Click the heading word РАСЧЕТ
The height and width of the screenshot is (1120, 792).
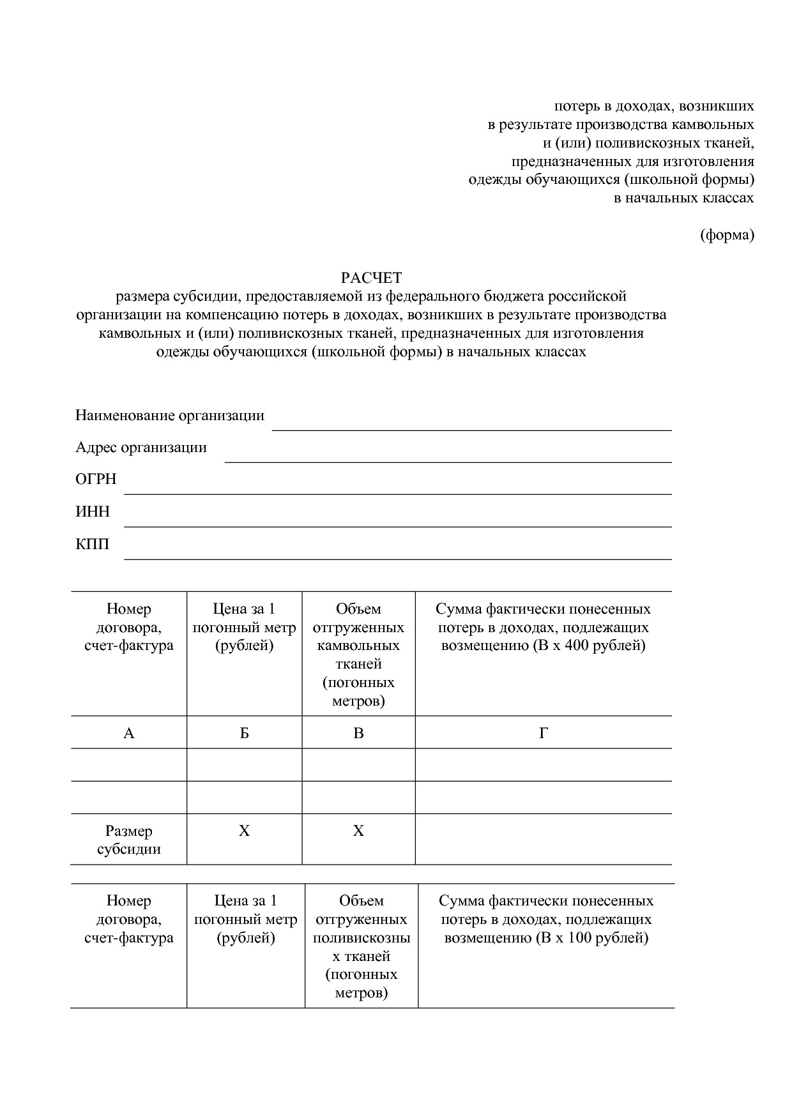371,278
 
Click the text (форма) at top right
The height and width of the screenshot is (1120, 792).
727,235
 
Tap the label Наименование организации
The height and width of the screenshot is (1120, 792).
170,416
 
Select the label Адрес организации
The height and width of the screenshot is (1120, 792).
141,447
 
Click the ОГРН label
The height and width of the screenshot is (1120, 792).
96,479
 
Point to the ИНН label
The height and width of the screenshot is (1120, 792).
93,511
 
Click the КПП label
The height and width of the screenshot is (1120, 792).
93,544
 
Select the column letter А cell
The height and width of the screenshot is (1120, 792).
128,733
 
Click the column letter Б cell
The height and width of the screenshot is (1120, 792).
244,733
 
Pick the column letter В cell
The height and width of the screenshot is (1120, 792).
358,733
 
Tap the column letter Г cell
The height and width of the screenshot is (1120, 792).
543,733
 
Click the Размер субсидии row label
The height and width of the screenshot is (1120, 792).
128,840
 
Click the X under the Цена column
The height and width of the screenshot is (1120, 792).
244,831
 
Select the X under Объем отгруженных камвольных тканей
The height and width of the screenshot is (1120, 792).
358,831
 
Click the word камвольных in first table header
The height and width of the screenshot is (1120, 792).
358,646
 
